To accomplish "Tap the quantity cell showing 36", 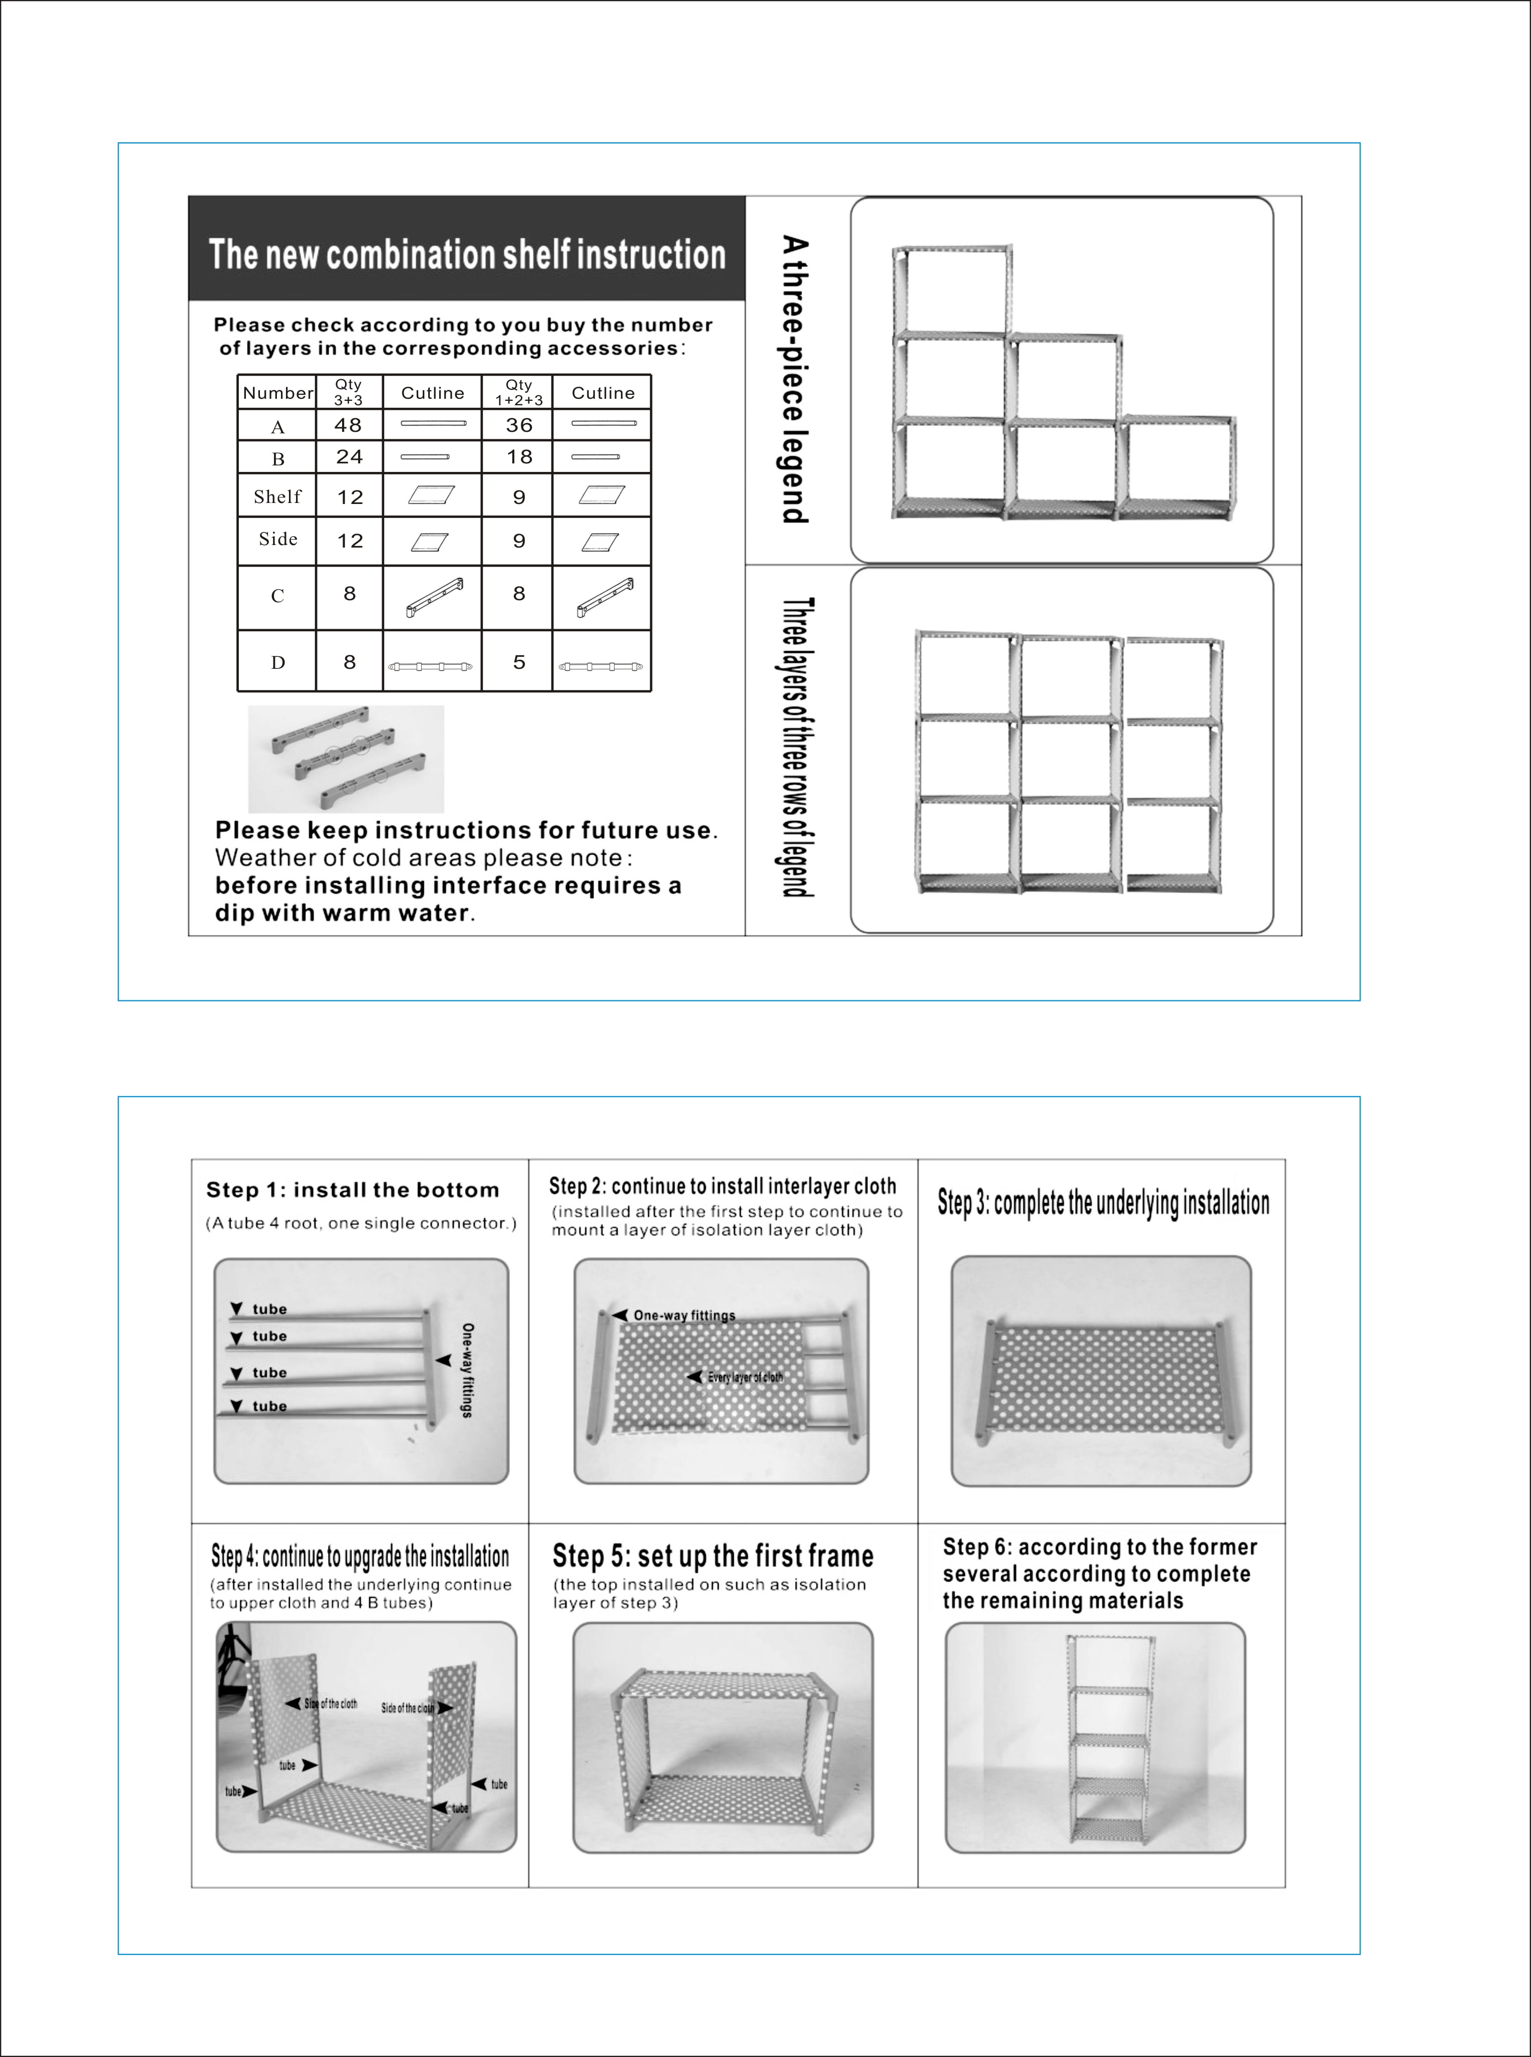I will (519, 425).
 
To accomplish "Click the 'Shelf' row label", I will (277, 497).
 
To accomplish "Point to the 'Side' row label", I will (277, 540).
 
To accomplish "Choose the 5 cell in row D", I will (519, 662).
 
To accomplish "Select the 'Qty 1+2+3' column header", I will (519, 392).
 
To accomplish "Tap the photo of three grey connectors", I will (346, 759).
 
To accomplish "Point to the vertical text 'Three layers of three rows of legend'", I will (795, 747).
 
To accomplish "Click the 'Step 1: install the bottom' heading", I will (352, 1190).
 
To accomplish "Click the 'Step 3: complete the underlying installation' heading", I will (1103, 1203).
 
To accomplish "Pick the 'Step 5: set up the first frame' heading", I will (713, 1556).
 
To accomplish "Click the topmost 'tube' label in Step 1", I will (269, 1309).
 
